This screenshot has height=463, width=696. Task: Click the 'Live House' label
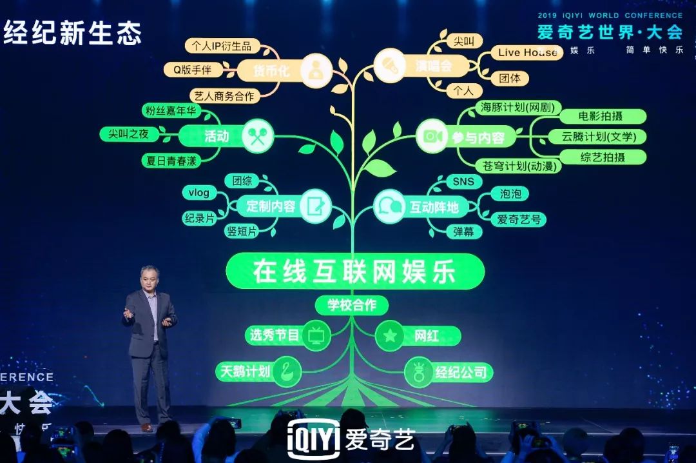(x=527, y=53)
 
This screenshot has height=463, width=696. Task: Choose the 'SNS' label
(x=463, y=182)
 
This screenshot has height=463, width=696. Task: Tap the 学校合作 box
(x=351, y=305)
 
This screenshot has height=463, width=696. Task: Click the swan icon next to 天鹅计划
(x=287, y=371)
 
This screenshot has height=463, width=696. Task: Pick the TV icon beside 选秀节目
(x=316, y=335)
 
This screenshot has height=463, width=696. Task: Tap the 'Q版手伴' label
(x=192, y=69)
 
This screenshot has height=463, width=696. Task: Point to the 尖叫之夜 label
(x=129, y=134)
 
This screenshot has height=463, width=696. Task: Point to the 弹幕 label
(x=463, y=231)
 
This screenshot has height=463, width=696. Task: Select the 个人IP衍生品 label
(x=222, y=46)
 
